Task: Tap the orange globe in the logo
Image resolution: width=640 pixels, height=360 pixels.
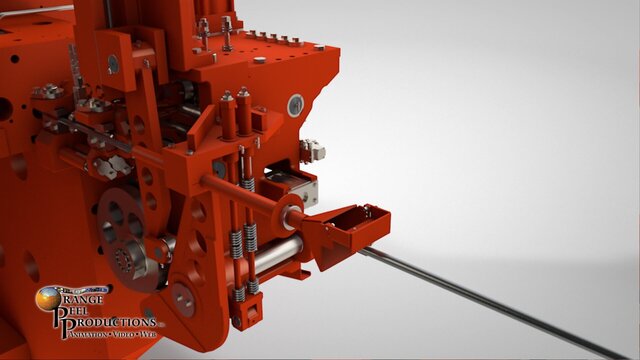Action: [48, 297]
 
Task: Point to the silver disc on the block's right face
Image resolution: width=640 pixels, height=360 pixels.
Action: [295, 105]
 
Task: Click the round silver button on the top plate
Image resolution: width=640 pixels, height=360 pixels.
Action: [260, 60]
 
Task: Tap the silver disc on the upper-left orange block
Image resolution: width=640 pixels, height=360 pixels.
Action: [113, 63]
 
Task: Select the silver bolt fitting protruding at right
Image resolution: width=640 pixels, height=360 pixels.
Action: [313, 150]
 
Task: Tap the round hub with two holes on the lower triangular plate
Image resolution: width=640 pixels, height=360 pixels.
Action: [183, 295]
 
